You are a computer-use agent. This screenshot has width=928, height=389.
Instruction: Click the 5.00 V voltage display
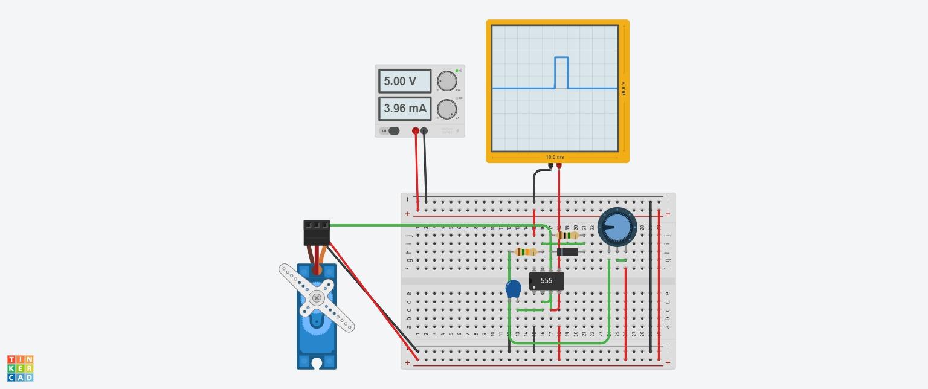405,81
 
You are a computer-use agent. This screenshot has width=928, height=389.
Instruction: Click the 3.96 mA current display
405,109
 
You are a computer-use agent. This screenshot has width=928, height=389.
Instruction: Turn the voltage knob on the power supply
446,81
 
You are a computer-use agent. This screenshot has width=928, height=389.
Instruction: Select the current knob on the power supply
446,109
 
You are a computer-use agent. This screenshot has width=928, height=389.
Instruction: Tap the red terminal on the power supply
416,131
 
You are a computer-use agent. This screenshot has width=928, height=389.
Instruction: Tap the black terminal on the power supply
424,131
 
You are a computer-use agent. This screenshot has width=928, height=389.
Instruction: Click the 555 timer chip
547,281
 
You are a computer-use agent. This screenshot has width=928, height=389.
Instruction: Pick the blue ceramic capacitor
513,289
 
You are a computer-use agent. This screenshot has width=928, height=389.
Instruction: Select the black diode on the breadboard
567,252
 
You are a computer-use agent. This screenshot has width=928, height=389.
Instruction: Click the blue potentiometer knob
617,228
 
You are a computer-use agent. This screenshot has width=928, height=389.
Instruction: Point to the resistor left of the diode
527,252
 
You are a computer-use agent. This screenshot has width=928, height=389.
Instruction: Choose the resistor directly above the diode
567,236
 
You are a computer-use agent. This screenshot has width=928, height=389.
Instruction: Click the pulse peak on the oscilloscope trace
561,57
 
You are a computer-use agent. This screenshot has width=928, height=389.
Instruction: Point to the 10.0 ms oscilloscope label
555,157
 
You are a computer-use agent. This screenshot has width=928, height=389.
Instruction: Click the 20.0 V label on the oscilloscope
623,88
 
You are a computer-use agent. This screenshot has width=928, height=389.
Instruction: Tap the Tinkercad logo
21,368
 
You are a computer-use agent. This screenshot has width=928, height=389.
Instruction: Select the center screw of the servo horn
317,298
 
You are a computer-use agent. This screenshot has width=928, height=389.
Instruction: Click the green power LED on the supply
457,71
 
